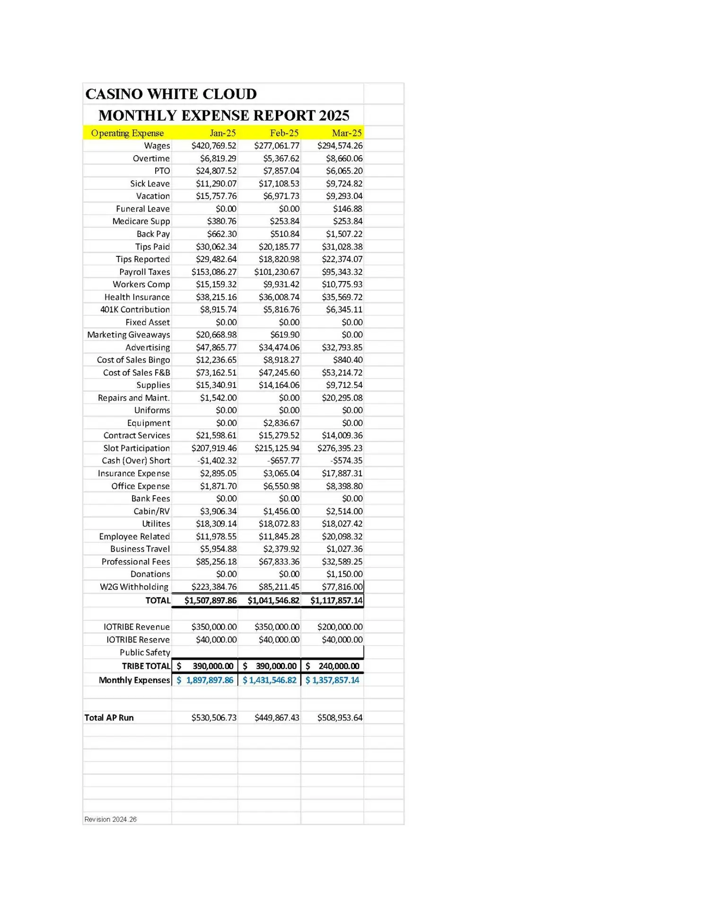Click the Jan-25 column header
point(222,133)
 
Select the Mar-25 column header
point(347,133)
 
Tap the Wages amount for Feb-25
point(277,146)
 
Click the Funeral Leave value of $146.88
point(348,209)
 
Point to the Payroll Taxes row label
point(144,272)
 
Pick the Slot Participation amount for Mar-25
point(340,448)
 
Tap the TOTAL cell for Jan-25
point(211,601)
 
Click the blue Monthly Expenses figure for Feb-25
point(270,680)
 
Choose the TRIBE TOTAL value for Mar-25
point(333,666)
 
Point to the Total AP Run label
point(109,717)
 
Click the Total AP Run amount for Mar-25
point(340,717)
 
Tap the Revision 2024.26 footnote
point(110,819)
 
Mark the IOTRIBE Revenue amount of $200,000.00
point(340,627)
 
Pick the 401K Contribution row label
point(135,309)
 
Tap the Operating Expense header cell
point(127,133)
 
